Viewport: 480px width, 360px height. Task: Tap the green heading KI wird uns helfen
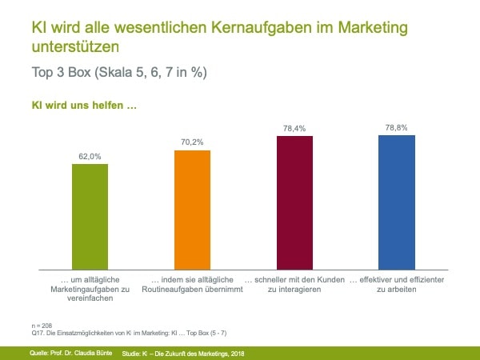tap(78, 105)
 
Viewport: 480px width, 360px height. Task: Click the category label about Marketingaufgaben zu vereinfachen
tap(90, 288)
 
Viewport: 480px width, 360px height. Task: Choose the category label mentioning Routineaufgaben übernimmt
tap(192, 283)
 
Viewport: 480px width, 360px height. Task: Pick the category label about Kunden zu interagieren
tap(294, 283)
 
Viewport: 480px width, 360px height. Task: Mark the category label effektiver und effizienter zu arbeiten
tap(396, 283)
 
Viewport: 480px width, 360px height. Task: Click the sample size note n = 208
tap(42, 326)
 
